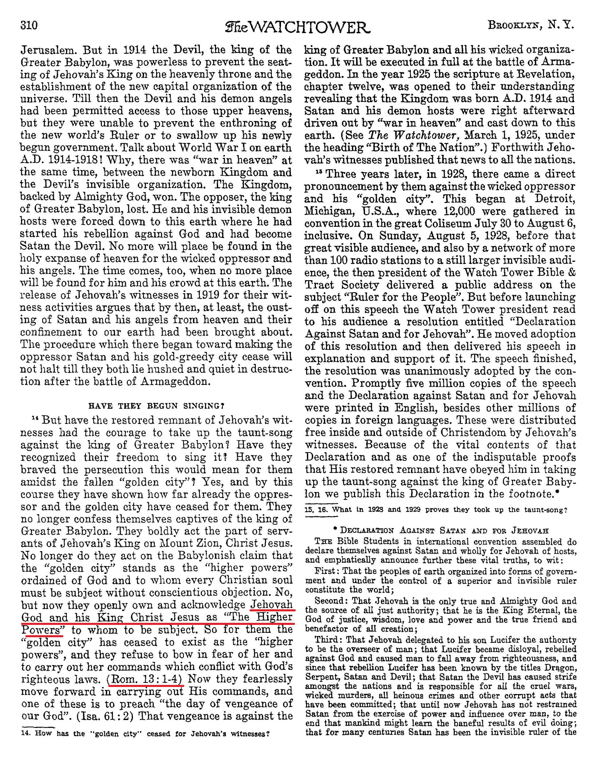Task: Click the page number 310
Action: click(x=29, y=26)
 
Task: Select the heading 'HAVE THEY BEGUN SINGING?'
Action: click(x=156, y=406)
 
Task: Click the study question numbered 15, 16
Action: click(x=436, y=510)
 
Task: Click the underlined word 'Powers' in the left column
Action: click(x=41, y=630)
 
